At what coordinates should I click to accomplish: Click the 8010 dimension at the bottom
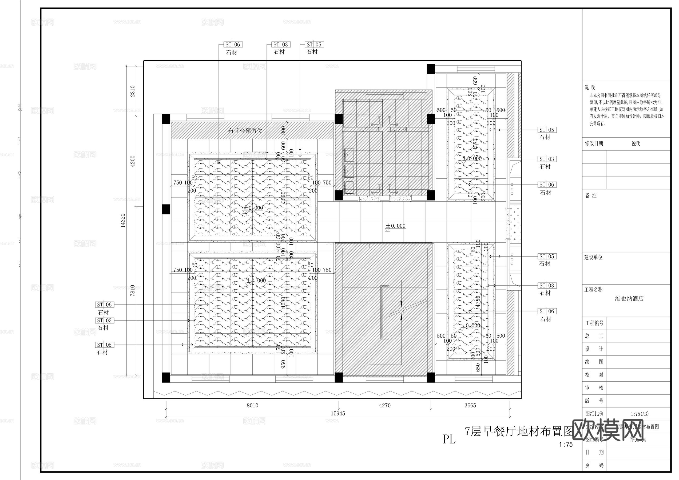point(253,405)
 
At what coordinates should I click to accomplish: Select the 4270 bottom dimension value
point(385,405)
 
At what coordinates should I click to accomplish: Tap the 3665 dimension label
point(470,405)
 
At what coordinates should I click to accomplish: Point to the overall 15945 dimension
point(338,413)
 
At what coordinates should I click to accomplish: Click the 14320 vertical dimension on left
point(123,221)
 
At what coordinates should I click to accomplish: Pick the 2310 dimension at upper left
point(133,91)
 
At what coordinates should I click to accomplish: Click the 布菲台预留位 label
point(245,131)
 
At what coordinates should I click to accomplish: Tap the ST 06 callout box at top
point(232,45)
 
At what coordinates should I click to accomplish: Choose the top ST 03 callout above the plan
point(281,45)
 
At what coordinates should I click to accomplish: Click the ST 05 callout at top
point(314,45)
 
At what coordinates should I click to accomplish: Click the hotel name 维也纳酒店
point(629,298)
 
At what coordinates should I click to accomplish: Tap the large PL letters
point(449,439)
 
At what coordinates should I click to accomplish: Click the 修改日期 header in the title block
point(594,144)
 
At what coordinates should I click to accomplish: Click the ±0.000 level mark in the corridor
point(395,226)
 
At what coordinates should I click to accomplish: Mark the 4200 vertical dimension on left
point(133,161)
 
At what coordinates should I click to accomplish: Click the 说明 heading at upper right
point(590,87)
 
